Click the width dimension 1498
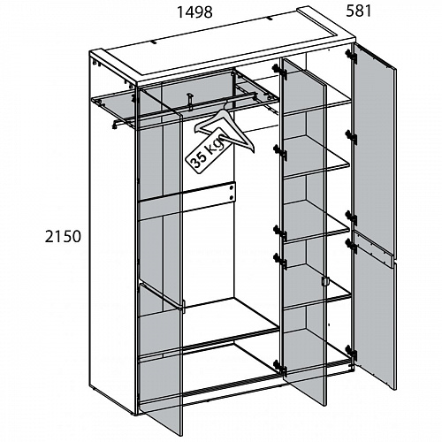[x=194, y=12]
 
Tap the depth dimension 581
[x=359, y=11]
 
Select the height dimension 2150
[x=63, y=237]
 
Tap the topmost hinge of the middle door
[x=279, y=71]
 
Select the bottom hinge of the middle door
[x=279, y=366]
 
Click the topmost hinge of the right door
[x=351, y=56]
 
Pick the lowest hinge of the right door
[x=352, y=353]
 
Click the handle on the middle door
[x=324, y=281]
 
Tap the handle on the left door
[x=183, y=307]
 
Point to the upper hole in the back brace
[x=232, y=187]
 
